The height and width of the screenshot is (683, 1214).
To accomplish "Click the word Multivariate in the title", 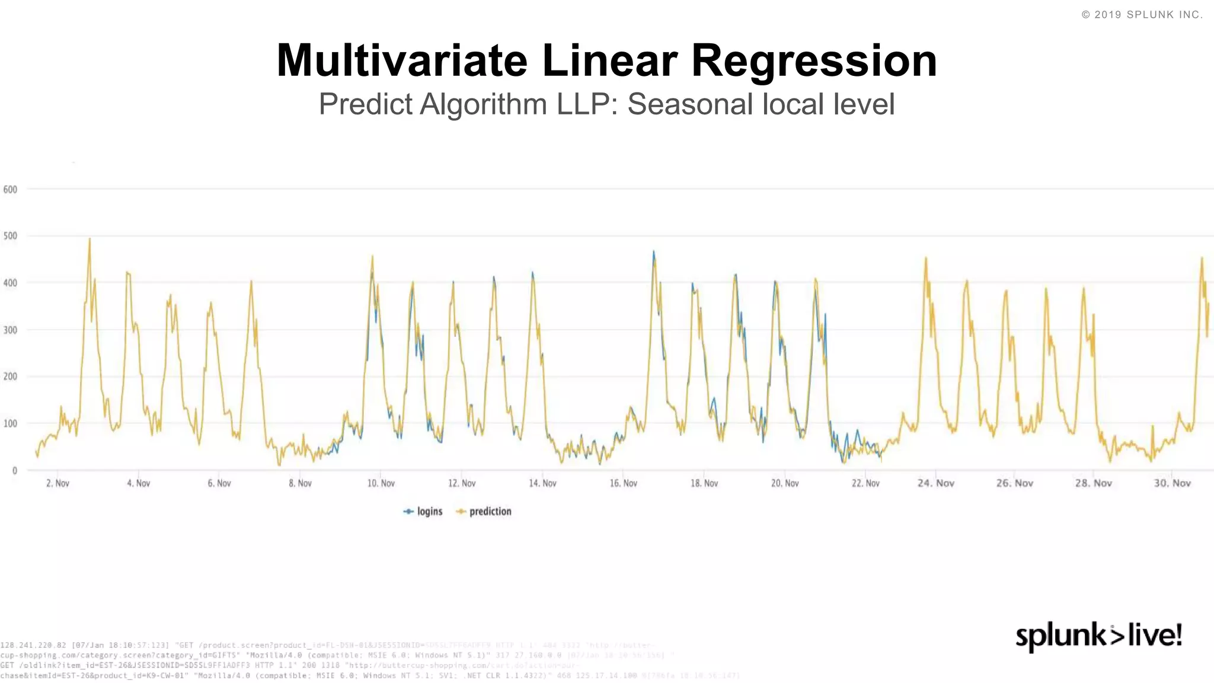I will (401, 60).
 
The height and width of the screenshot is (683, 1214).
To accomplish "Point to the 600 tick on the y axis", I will (10, 190).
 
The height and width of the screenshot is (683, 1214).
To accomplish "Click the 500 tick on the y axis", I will (10, 236).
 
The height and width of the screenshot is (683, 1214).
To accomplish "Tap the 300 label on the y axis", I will (10, 330).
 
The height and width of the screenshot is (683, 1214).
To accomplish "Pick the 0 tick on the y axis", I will (14, 471).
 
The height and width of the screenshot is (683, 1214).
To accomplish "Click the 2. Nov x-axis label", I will (57, 484).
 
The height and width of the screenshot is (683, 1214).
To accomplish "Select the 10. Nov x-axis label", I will (381, 484).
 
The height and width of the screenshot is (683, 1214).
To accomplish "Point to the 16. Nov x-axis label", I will (623, 484).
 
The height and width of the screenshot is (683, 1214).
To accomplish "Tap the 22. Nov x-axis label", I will (865, 484).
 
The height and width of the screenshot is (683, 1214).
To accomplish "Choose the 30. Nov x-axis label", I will (1172, 484).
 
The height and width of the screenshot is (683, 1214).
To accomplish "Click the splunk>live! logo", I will (1098, 636).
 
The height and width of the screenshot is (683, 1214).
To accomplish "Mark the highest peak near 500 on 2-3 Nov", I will (90, 240).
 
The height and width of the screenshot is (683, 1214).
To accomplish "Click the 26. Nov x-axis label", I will (1014, 484).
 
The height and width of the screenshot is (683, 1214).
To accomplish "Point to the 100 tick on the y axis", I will (10, 424).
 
